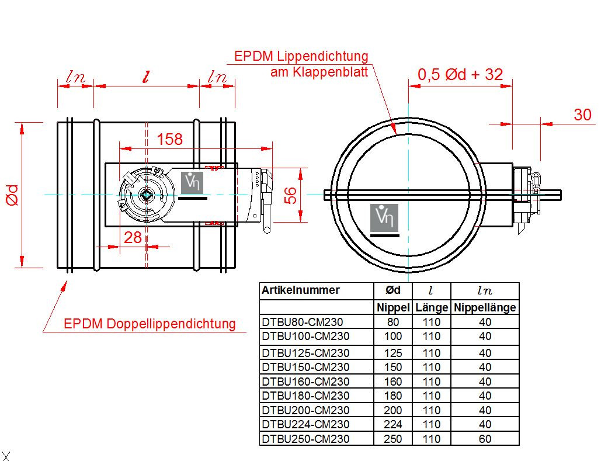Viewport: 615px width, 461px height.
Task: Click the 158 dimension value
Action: pyautogui.click(x=169, y=139)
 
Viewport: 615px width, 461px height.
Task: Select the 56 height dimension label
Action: pyautogui.click(x=290, y=195)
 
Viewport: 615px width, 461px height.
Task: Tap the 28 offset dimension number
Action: pyautogui.click(x=133, y=237)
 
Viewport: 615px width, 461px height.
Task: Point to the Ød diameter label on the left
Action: pyautogui.click(x=12, y=195)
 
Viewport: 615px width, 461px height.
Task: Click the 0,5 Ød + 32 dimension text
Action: pyautogui.click(x=460, y=74)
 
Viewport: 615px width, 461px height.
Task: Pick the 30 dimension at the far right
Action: pyautogui.click(x=582, y=115)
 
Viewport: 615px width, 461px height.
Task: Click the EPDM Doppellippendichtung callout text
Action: pyautogui.click(x=150, y=324)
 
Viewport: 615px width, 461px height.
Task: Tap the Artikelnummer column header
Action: pyautogui.click(x=300, y=290)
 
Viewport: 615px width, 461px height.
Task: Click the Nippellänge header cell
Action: pyautogui.click(x=485, y=307)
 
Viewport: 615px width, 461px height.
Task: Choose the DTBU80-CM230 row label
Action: pyautogui.click(x=303, y=322)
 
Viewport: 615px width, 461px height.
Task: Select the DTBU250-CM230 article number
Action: pyautogui.click(x=305, y=439)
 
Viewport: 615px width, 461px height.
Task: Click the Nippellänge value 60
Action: pyautogui.click(x=485, y=439)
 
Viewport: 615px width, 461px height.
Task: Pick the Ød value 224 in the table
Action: pyautogui.click(x=392, y=424)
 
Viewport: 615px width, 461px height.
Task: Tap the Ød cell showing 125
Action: pyautogui.click(x=392, y=353)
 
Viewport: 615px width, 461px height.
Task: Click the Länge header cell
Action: pyautogui.click(x=432, y=307)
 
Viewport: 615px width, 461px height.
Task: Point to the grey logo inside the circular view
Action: pyautogui.click(x=384, y=218)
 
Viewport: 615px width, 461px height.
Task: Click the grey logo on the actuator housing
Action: pyautogui.click(x=192, y=183)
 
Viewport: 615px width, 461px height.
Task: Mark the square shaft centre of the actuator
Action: pyautogui.click(x=146, y=195)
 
